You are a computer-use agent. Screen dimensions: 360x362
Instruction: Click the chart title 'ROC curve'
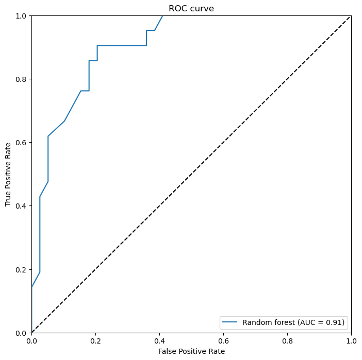coord(191,8)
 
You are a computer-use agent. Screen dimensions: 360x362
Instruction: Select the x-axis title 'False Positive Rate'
coord(191,351)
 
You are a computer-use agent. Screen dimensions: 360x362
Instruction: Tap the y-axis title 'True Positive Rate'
coord(8,174)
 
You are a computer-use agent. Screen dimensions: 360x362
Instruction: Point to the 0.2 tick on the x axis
coord(95,340)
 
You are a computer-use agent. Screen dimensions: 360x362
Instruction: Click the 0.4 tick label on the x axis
coord(159,340)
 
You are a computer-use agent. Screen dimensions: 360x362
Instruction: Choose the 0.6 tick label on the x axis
coord(223,340)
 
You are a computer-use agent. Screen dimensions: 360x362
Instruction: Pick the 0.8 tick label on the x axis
coord(287,340)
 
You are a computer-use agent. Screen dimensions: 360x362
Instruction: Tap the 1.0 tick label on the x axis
coord(351,340)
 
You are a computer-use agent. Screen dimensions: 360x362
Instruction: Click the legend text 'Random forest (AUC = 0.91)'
coord(294,323)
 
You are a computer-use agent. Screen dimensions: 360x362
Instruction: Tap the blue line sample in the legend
coord(231,323)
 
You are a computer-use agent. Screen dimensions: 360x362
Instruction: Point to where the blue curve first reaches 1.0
coord(163,15)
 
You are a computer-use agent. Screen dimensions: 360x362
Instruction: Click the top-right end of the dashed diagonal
coord(351,16)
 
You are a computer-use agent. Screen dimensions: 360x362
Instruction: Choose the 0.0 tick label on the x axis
coord(31,340)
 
